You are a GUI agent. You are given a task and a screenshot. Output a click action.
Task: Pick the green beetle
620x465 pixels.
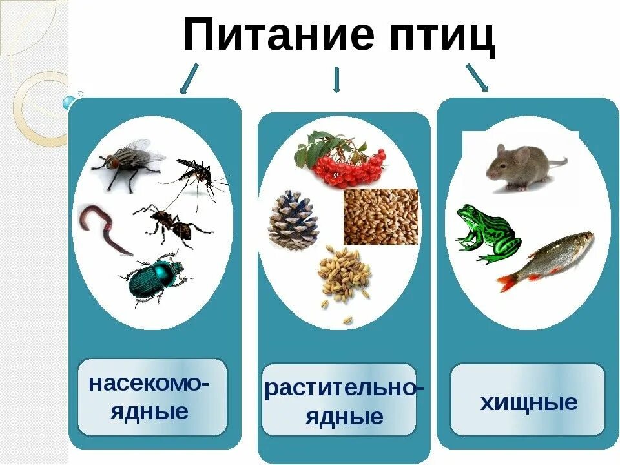(x=155, y=276)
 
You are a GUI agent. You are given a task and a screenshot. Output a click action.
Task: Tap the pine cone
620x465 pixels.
(x=293, y=220)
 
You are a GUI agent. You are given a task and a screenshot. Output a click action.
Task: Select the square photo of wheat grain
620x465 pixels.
(x=380, y=216)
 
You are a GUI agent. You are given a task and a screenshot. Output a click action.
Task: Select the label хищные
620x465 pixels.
(x=528, y=403)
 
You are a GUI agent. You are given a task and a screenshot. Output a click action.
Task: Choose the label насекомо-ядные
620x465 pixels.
(x=150, y=397)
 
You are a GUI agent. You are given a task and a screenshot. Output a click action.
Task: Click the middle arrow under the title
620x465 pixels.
(x=336, y=80)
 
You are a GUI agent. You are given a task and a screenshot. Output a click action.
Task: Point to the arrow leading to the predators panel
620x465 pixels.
(x=477, y=77)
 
